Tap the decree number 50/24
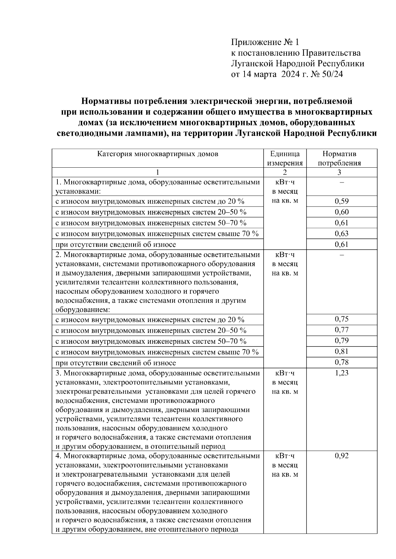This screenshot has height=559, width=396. click(332, 74)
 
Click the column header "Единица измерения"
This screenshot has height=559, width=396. click(285, 158)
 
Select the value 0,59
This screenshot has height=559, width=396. click(342, 201)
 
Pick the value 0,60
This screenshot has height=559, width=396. click(342, 212)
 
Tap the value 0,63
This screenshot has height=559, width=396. click(342, 234)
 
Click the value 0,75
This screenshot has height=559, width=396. click(342, 319)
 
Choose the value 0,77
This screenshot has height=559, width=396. click(342, 330)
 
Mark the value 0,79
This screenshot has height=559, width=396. click(342, 341)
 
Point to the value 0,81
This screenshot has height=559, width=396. click(342, 352)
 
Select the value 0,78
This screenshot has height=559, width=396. click(342, 363)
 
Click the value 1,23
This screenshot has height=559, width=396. click(342, 373)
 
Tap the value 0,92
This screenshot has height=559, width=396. click(342, 456)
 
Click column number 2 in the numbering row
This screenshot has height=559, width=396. click(285, 172)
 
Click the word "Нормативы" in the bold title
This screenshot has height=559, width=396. click(106, 101)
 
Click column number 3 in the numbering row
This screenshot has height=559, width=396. click(340, 172)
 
